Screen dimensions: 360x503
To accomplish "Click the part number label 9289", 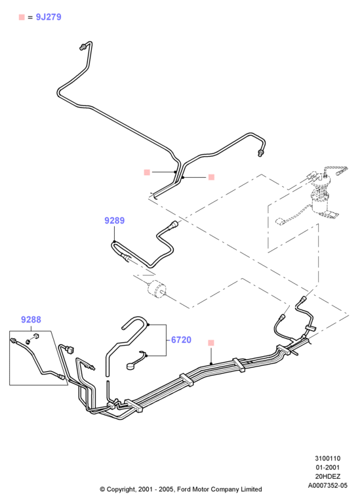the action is pyautogui.click(x=114, y=220).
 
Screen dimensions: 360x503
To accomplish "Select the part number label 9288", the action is pyautogui.click(x=31, y=319).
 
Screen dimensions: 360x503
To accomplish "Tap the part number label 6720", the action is pyautogui.click(x=181, y=340).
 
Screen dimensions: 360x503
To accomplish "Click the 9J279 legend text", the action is pyautogui.click(x=49, y=17).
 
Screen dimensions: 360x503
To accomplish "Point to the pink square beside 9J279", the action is pyautogui.click(x=22, y=17).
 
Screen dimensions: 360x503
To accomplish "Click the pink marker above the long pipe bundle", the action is pyautogui.click(x=210, y=343).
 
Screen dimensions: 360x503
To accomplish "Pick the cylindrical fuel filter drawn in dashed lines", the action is pyautogui.click(x=157, y=289).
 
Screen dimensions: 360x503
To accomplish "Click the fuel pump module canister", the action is pyautogui.click(x=321, y=202).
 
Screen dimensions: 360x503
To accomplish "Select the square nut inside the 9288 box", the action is pyautogui.click(x=35, y=336).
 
